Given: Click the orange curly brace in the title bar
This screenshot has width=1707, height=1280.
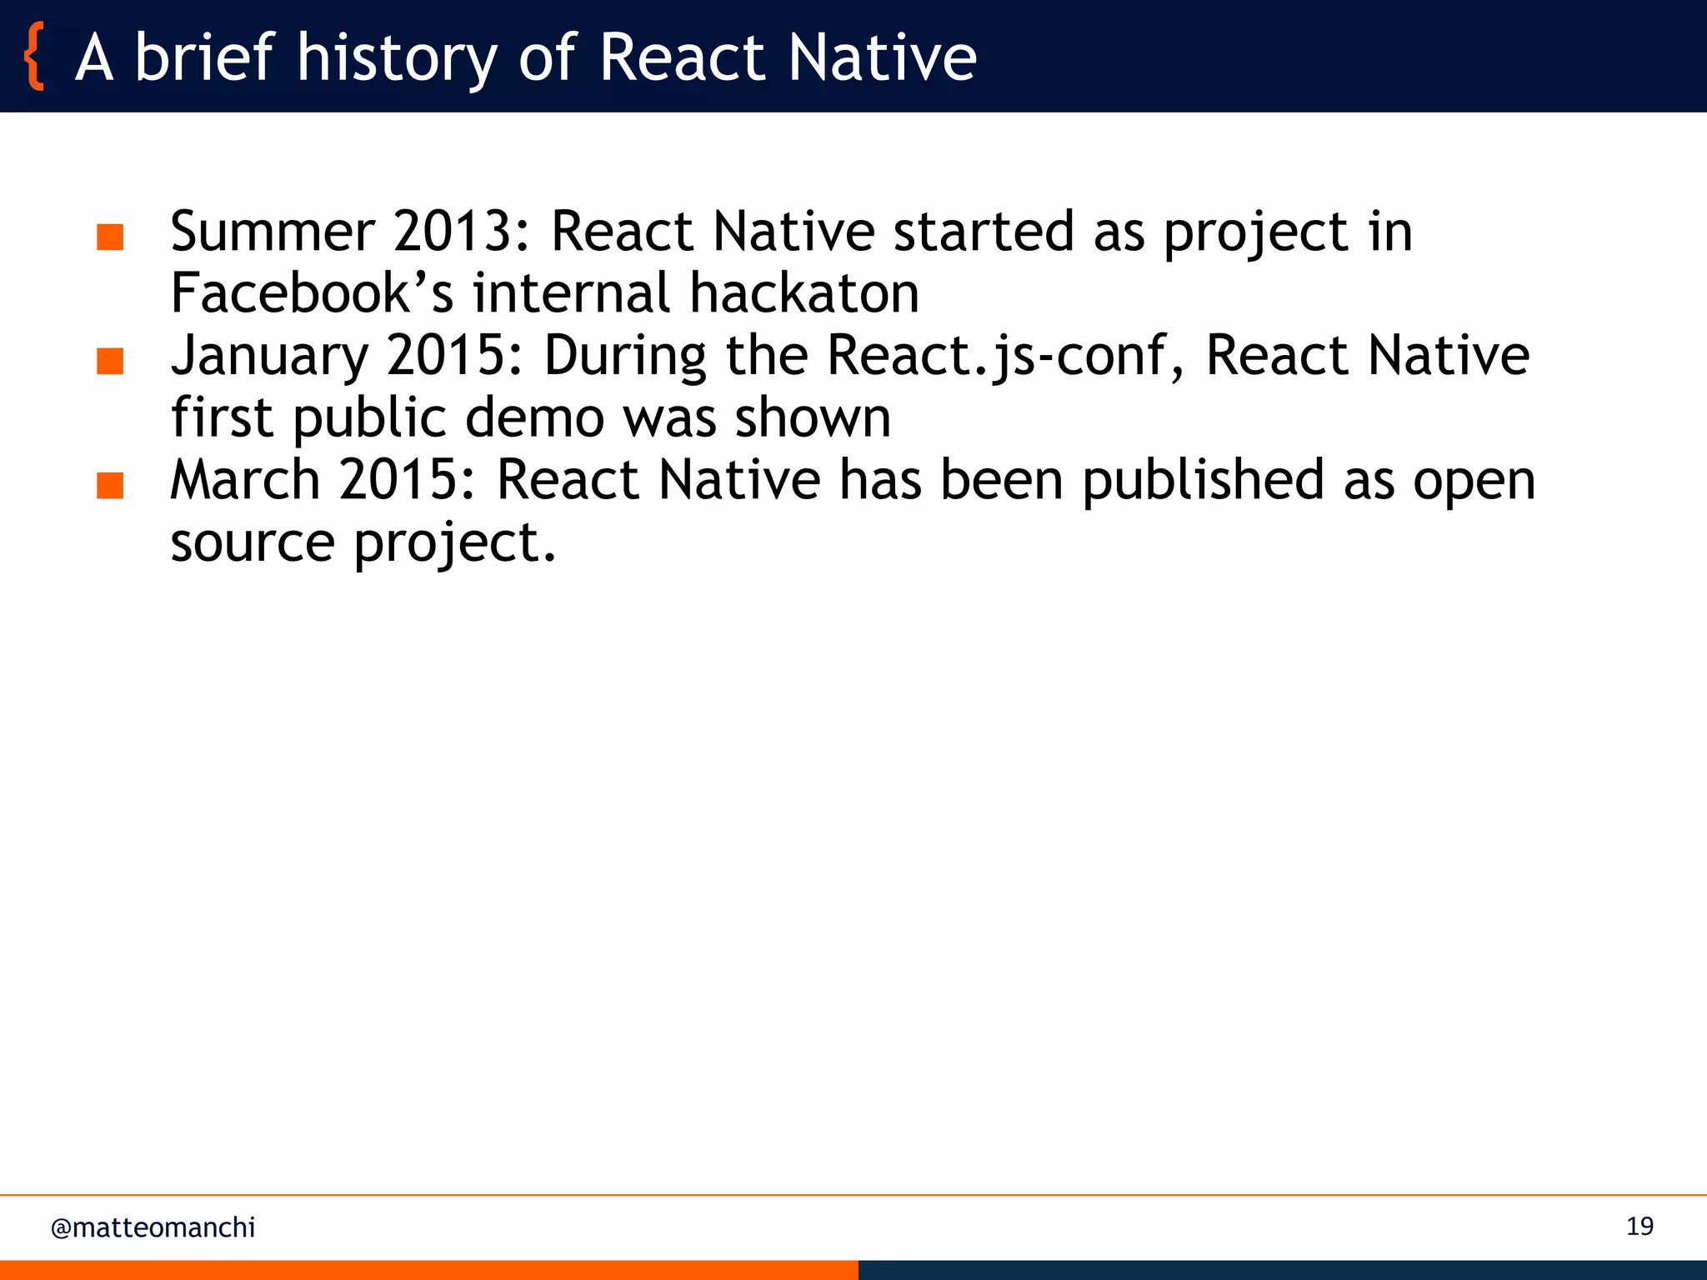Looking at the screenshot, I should coord(34,57).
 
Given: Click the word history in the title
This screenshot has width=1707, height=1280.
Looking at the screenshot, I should coord(397,58).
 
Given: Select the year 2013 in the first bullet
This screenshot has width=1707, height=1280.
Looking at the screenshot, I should coord(462,232).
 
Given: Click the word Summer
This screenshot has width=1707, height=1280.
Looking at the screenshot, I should coord(272,232).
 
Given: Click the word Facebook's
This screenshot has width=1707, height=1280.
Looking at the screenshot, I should coord(312,293).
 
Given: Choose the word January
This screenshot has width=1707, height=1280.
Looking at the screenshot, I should coord(268,357).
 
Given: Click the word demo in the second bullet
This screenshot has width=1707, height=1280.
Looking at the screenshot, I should coord(533,417).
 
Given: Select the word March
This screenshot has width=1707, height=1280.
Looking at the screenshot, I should coord(245,481).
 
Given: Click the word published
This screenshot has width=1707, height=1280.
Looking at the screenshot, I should coord(1203,481).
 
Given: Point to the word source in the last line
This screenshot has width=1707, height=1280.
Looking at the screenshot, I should coord(252,543).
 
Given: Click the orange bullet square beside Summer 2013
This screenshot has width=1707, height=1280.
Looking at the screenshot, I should coord(110,237).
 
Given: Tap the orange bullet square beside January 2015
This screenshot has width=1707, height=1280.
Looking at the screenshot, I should coord(110,362).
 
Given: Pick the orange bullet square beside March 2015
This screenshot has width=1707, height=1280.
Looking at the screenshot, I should coord(110,486).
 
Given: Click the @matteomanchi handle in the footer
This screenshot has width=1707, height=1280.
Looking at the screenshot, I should coord(153,1227).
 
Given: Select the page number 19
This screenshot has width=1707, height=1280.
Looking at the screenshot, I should coord(1639,1227).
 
